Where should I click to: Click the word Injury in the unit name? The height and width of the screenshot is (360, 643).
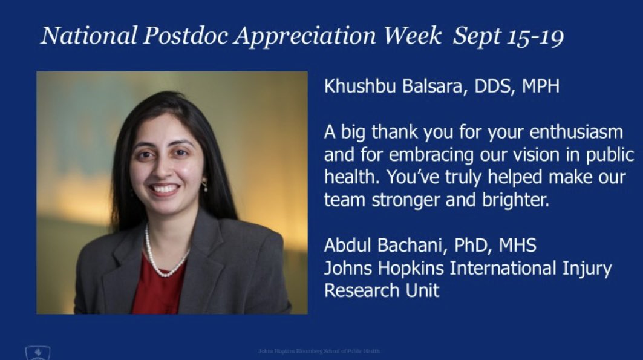click(587, 268)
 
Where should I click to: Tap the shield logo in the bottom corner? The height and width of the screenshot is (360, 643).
click(38, 353)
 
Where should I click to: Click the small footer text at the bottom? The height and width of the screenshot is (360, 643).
click(319, 351)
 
